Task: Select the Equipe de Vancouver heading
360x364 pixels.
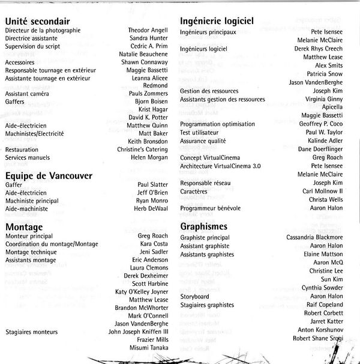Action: coord(49,175)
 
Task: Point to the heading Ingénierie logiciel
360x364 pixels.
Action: coord(217,21)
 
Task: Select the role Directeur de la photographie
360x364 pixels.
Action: coord(42,30)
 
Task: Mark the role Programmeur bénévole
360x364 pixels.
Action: coord(215,207)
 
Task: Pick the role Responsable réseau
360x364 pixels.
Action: coord(209,183)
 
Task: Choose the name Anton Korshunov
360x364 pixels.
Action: coord(320,330)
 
